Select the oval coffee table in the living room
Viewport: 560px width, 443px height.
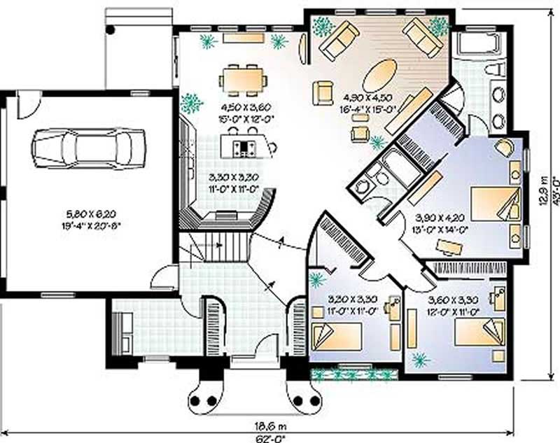point(381,73)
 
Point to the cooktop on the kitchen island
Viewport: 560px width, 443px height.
point(246,147)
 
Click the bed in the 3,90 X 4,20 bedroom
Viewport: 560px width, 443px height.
point(496,204)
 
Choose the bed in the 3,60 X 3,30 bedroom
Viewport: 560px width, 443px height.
point(480,332)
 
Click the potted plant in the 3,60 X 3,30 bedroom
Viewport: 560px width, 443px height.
point(419,360)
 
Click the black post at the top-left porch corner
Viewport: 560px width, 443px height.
point(111,29)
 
